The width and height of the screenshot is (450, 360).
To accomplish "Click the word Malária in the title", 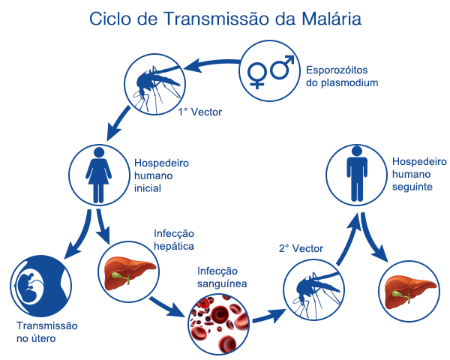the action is coord(331,19).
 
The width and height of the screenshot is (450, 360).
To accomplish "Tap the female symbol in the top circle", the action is coord(256,75).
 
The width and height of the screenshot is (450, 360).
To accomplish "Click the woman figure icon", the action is coord(98,175).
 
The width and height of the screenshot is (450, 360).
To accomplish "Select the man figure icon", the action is coord(357,174).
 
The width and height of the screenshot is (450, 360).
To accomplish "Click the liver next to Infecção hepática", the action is coord(129,273).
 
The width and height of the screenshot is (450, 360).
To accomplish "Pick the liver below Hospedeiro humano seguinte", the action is coord(409,292).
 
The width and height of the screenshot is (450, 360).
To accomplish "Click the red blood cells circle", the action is coord(219,324).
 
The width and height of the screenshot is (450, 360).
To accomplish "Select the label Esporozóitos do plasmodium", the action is coord(342,76).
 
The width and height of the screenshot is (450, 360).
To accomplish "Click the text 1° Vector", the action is coord(200,112).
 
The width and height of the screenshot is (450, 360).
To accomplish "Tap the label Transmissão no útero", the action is coord(47,332).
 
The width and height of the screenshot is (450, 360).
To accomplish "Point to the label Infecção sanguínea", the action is coord(222,277).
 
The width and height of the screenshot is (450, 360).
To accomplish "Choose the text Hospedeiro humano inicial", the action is coord(161,175).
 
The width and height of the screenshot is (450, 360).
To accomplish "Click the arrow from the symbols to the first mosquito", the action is coord(212,62).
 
